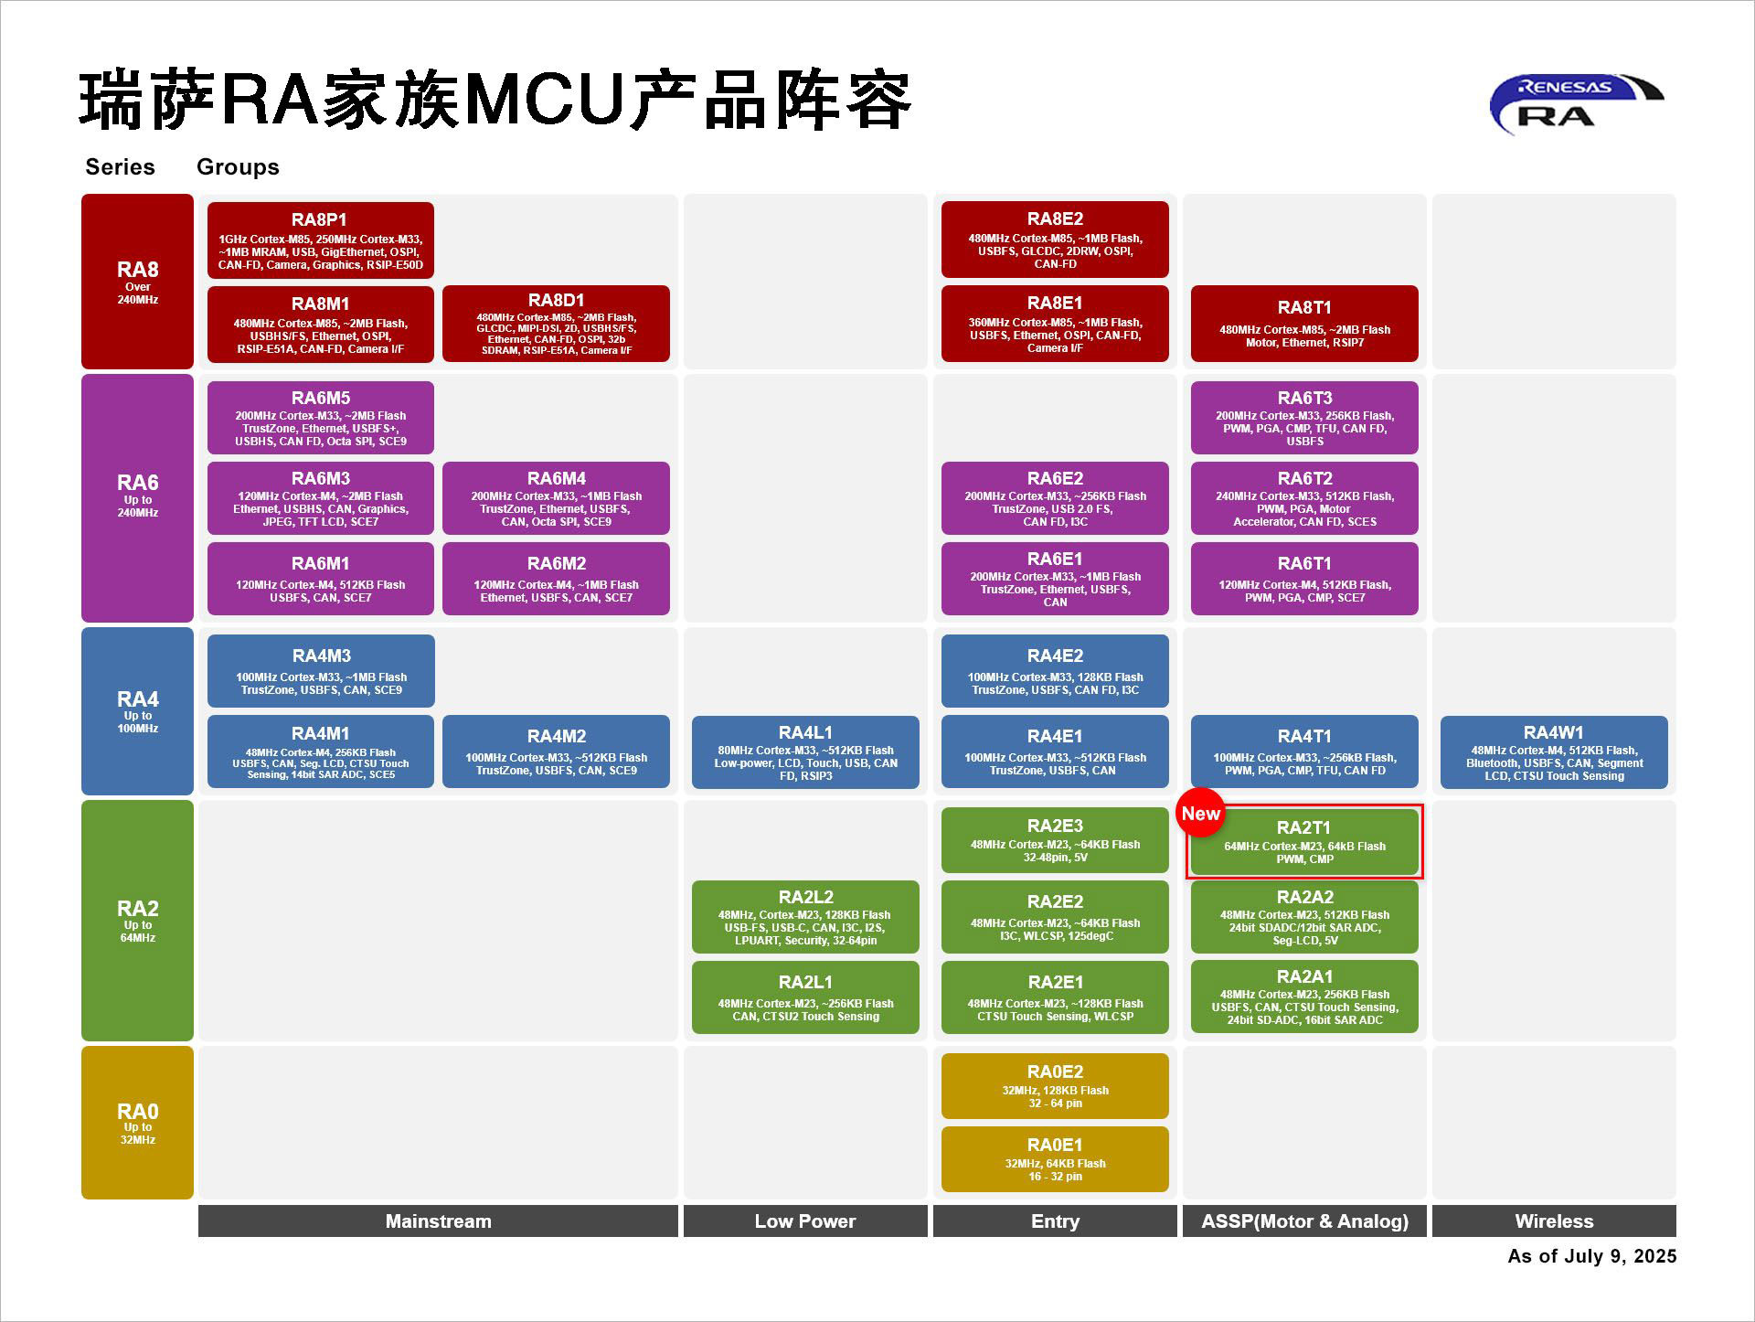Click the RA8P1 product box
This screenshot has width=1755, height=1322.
pyautogui.click(x=320, y=240)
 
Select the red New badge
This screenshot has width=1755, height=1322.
pyautogui.click(x=1200, y=813)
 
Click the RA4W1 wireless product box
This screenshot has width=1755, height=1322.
pyautogui.click(x=1553, y=752)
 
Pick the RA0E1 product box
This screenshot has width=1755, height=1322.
pyautogui.click(x=1054, y=1159)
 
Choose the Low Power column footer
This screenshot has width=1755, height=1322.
pyautogui.click(x=804, y=1221)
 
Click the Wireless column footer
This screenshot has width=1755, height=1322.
pyautogui.click(x=1553, y=1221)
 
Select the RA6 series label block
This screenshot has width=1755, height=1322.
pyautogui.click(x=137, y=497)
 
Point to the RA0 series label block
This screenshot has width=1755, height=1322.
pyautogui.click(x=137, y=1122)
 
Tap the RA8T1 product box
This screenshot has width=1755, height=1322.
pyautogui.click(x=1303, y=324)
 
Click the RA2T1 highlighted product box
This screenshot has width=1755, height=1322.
pyautogui.click(x=1303, y=842)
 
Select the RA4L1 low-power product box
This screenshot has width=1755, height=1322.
pyautogui.click(x=804, y=752)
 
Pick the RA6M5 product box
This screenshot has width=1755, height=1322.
pyautogui.click(x=320, y=418)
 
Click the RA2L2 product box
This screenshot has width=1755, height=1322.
pyautogui.click(x=804, y=917)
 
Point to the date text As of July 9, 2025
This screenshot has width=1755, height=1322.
pyautogui.click(x=1591, y=1256)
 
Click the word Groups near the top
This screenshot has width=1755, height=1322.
pyautogui.click(x=238, y=167)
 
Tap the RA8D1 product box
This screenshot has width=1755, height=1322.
pyautogui.click(x=555, y=324)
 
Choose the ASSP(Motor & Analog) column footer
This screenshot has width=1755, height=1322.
pyautogui.click(x=1303, y=1221)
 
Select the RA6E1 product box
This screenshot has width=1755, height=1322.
pyautogui.click(x=1054, y=579)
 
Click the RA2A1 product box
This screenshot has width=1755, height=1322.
pyautogui.click(x=1303, y=997)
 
